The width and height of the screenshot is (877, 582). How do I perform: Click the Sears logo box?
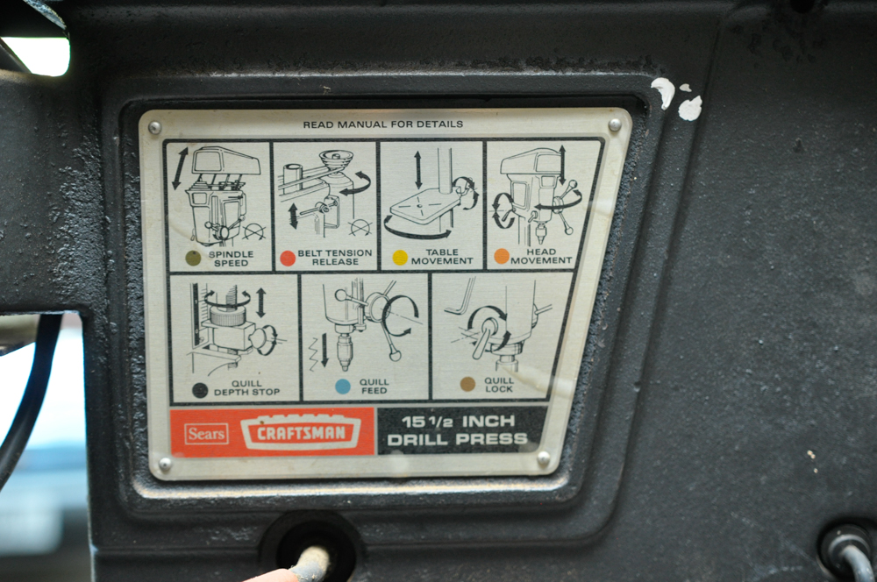click(206, 433)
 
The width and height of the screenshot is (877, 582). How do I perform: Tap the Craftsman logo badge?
click(300, 432)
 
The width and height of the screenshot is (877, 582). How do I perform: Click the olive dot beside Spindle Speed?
click(193, 258)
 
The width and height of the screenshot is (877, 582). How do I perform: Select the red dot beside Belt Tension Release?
click(288, 258)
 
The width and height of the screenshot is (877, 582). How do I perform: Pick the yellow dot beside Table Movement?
click(401, 257)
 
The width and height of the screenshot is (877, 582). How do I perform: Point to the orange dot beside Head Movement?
click(502, 256)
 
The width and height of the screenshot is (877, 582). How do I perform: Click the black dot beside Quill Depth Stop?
click(200, 390)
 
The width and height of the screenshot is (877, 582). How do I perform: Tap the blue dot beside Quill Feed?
click(343, 387)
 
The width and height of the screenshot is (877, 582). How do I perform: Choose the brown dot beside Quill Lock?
click(467, 384)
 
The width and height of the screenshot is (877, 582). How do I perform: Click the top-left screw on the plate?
click(155, 128)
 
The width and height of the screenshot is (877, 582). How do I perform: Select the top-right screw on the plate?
click(615, 124)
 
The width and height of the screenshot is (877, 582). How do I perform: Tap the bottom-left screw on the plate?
click(165, 464)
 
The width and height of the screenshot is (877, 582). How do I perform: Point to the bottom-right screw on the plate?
click(543, 458)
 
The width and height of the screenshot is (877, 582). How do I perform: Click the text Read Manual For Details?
click(383, 124)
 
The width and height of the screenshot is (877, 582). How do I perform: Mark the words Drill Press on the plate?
click(458, 439)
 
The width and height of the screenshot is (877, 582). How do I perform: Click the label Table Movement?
click(442, 257)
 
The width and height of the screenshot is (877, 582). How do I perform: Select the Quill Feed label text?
click(374, 387)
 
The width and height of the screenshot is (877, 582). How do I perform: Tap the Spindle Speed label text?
click(231, 259)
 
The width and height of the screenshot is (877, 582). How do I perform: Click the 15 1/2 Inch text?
click(458, 421)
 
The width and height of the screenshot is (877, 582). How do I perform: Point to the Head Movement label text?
click(541, 256)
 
